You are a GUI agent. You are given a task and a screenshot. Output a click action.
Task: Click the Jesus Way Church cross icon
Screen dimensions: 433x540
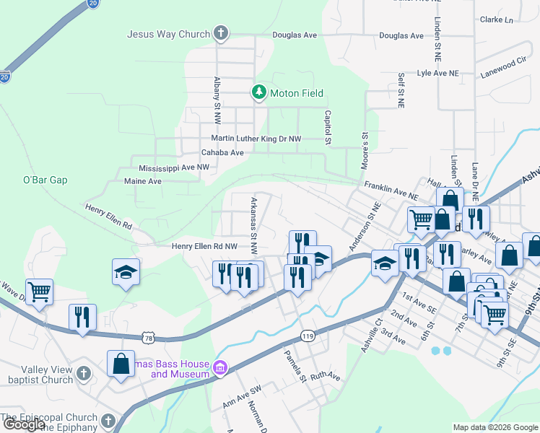pos(221,33)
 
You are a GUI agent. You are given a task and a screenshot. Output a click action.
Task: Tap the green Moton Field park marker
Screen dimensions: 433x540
pos(258,92)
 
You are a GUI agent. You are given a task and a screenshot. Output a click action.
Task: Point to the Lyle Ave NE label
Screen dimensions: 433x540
pos(438,74)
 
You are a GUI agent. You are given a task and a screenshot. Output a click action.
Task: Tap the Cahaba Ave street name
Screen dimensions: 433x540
pos(222,152)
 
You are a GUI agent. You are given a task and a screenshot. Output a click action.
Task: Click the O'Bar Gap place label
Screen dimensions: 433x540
pos(45,180)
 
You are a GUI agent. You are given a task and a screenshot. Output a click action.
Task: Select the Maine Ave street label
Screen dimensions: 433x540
pos(143,181)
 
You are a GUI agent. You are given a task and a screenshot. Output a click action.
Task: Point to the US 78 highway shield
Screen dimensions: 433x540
pos(148,337)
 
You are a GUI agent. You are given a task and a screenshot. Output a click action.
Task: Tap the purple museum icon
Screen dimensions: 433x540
pos(221,369)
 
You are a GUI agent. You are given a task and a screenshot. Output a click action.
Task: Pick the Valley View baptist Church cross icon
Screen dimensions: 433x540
pos(84,374)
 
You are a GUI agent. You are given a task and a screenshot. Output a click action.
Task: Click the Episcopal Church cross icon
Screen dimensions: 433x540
pos(108,421)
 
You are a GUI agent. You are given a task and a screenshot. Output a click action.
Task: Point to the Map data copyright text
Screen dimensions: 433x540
pos(495,427)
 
